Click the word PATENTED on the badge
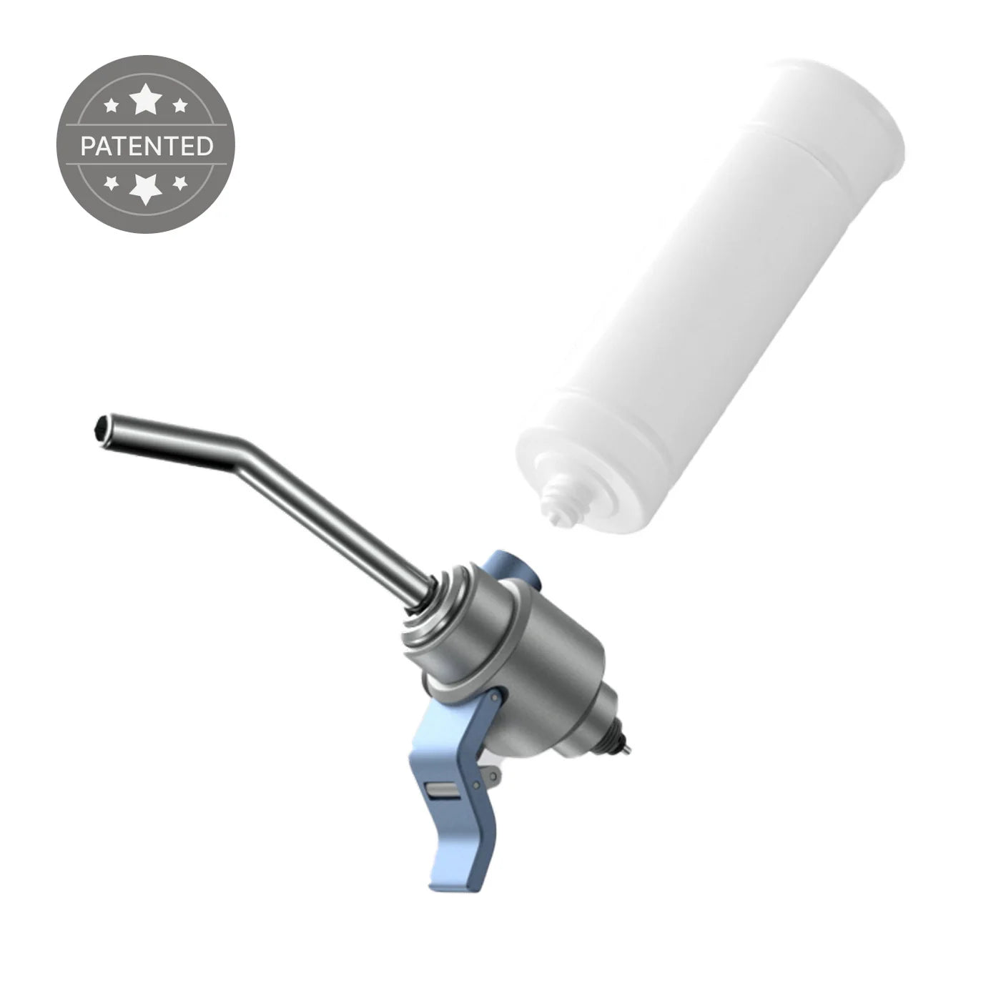(147, 146)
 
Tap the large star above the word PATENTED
(147, 100)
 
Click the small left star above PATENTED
(112, 107)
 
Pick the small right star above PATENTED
(180, 107)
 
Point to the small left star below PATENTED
(112, 183)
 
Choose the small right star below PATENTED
(180, 183)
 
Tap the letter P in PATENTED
(87, 147)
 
